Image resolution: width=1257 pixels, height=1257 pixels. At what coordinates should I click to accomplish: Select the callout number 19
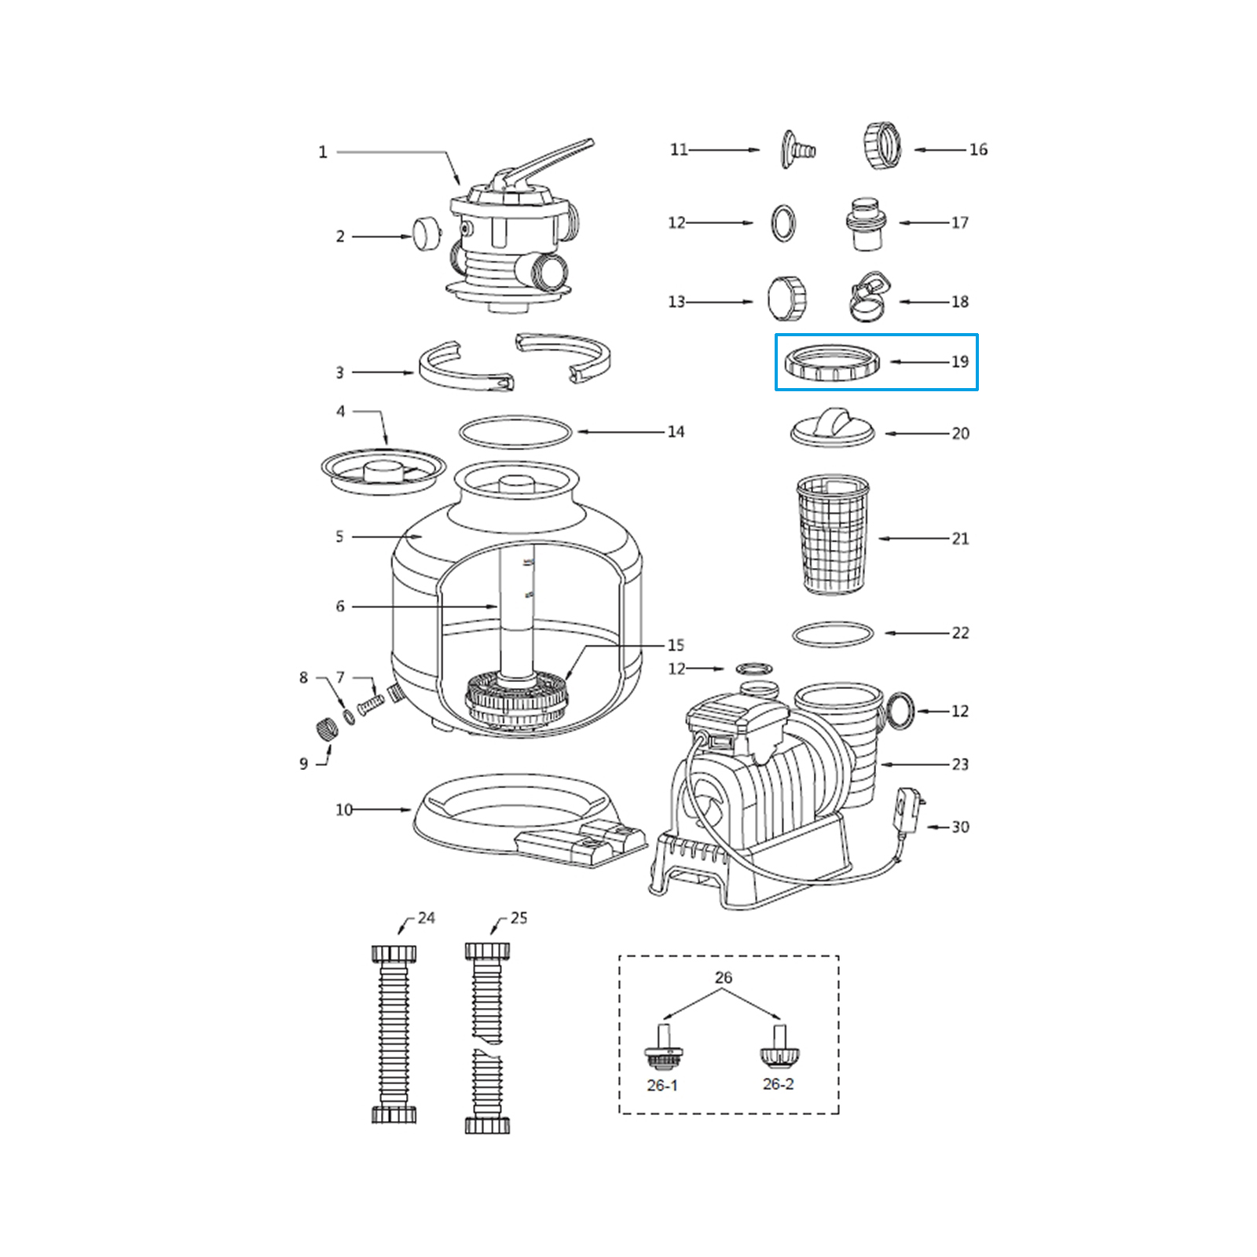pyautogui.click(x=959, y=362)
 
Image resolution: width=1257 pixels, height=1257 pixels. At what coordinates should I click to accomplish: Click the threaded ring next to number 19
pyautogui.click(x=832, y=363)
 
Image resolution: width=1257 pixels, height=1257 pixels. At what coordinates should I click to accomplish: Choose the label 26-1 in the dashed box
pyautogui.click(x=661, y=1085)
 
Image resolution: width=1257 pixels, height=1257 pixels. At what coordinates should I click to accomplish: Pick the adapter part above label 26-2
pyautogui.click(x=778, y=1047)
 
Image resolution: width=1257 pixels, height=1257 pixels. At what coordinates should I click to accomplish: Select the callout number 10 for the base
pyautogui.click(x=344, y=810)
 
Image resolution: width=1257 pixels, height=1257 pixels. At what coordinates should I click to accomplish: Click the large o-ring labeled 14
pyautogui.click(x=516, y=432)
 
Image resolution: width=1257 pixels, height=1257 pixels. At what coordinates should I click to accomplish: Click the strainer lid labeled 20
pyautogui.click(x=832, y=428)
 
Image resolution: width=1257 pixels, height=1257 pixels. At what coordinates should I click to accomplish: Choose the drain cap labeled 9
pyautogui.click(x=325, y=724)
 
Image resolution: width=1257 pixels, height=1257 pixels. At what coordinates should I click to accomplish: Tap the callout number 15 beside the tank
pyautogui.click(x=676, y=645)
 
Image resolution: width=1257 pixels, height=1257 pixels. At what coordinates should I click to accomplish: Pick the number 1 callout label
pyautogui.click(x=322, y=152)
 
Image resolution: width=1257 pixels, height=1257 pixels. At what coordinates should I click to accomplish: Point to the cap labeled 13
pyautogui.click(x=787, y=299)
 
